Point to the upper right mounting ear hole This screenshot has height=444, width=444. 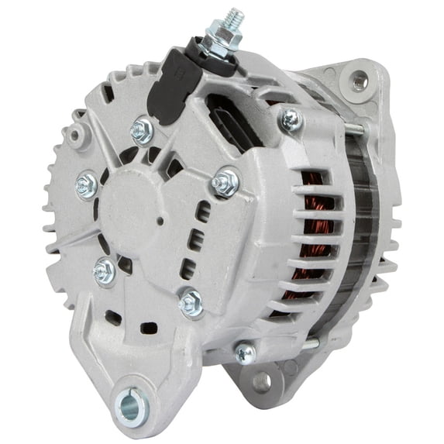[358, 79]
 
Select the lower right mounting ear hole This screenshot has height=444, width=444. [261, 380]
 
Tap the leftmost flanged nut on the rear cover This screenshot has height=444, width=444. [86, 184]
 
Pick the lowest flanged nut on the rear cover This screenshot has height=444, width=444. [191, 304]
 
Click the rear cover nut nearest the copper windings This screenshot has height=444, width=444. [224, 184]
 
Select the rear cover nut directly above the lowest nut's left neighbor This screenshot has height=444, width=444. [104, 270]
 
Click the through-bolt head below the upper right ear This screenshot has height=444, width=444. [291, 119]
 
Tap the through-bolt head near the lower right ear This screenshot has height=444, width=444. [245, 353]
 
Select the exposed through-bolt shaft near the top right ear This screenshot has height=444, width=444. [350, 127]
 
